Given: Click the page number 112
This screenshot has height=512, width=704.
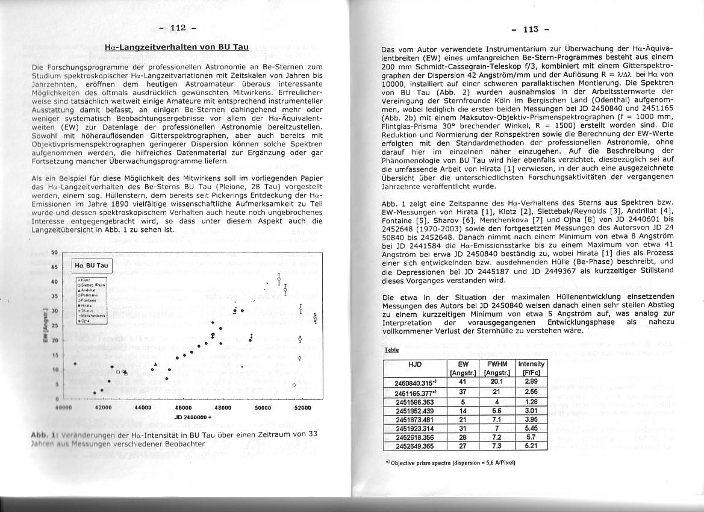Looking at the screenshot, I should pyautogui.click(x=179, y=28).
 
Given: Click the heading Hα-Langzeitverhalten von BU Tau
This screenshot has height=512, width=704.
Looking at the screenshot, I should pyautogui.click(x=176, y=47).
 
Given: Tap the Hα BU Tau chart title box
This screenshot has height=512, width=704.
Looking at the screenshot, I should pyautogui.click(x=92, y=265).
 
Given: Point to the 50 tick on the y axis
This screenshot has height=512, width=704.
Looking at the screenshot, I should pyautogui.click(x=54, y=252).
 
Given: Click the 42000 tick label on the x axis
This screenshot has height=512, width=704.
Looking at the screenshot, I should pyautogui.click(x=103, y=407).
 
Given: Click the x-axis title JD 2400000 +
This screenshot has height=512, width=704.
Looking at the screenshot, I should pyautogui.click(x=193, y=417).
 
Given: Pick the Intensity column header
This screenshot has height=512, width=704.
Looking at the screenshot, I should pyautogui.click(x=531, y=364).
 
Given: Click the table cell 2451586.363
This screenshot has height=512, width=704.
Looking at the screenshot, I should pyautogui.click(x=415, y=401).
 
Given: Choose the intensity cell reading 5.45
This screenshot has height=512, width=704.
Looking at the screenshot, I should pyautogui.click(x=531, y=428).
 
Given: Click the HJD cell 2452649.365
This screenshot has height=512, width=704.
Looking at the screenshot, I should pyautogui.click(x=415, y=446).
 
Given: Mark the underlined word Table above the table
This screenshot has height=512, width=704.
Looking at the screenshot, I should pyautogui.click(x=391, y=350).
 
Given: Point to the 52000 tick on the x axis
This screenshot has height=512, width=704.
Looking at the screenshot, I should pyautogui.click(x=302, y=407).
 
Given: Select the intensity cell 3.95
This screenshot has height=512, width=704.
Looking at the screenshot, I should pyautogui.click(x=531, y=419).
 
